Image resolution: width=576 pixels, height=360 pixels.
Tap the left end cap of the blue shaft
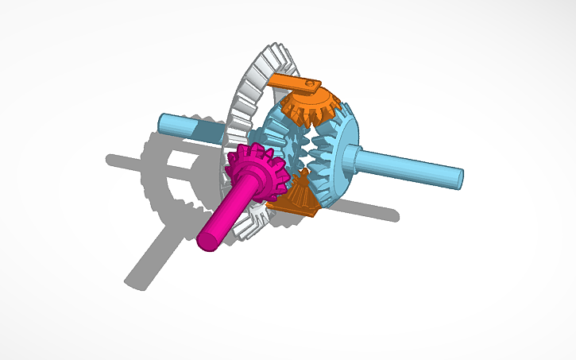pos(162,122)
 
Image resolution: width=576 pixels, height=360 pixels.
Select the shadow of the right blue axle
pos(373,210)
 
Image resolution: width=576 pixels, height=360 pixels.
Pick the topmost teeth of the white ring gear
pos(274,56)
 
